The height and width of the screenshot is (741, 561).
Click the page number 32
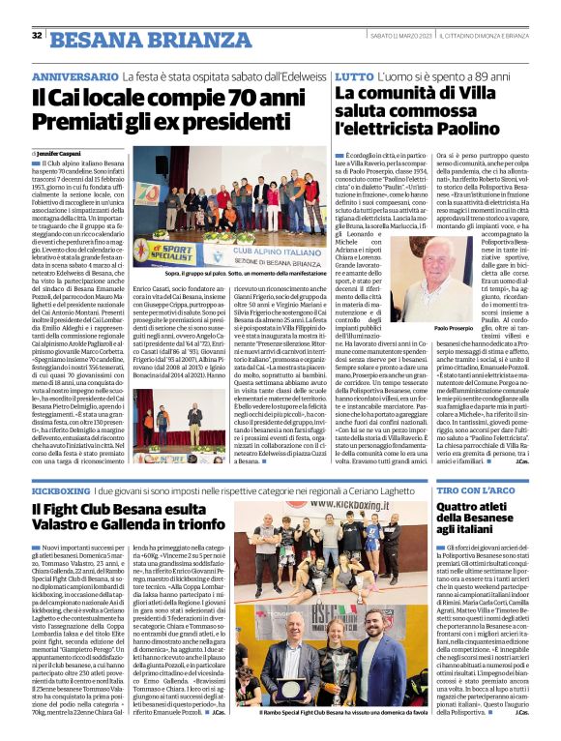point(37,36)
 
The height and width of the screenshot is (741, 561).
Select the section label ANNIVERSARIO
point(76,75)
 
